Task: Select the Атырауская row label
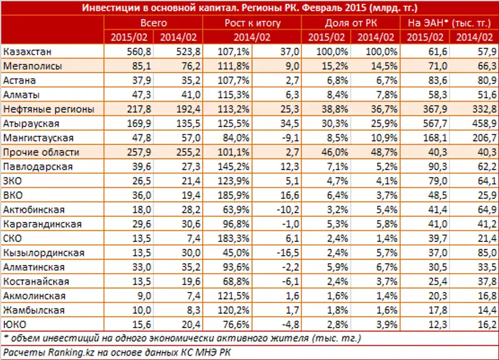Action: coord(31,124)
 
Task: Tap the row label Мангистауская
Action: coord(38,138)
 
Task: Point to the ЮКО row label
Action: coord(14,324)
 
